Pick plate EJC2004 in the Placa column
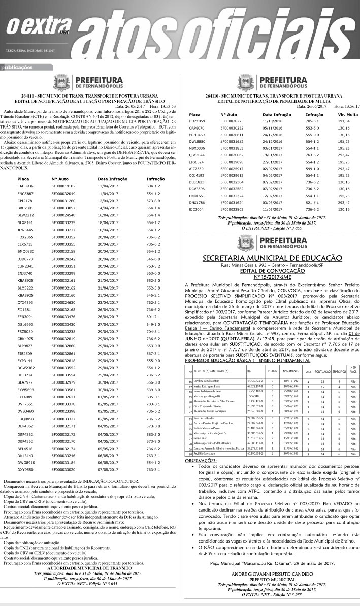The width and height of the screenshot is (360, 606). coord(197,209)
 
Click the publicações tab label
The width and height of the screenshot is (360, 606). coord(18,67)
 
